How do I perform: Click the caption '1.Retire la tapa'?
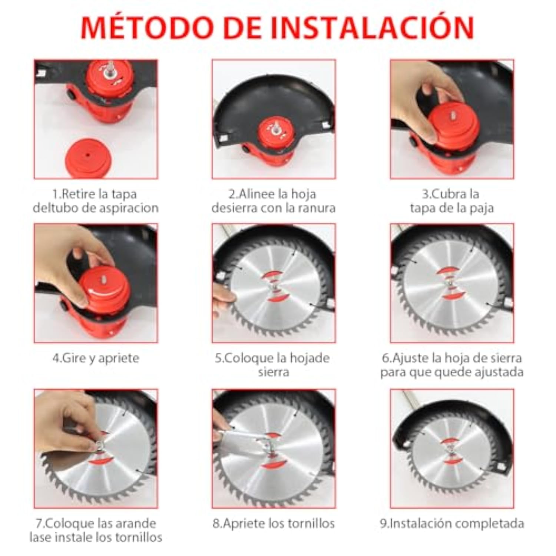[x=95, y=194]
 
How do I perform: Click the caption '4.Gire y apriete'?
[x=96, y=358]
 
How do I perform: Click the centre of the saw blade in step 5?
[x=274, y=285]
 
